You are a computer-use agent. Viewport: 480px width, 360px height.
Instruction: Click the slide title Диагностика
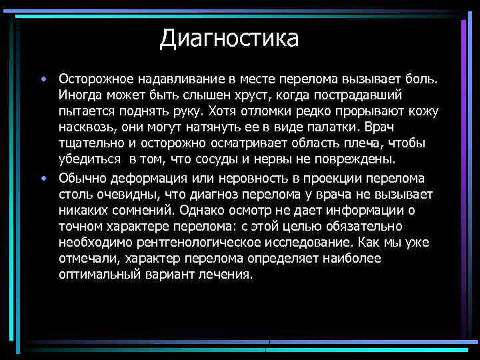click(229, 38)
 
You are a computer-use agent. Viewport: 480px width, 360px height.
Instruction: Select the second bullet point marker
click(43, 177)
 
